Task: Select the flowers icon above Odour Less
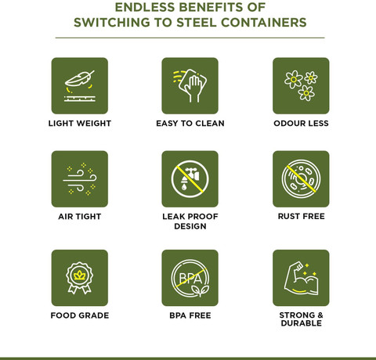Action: pyautogui.click(x=301, y=85)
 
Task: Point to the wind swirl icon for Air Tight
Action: pyautogui.click(x=80, y=179)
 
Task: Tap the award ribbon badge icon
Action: pyautogui.click(x=80, y=278)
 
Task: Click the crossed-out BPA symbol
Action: pyautogui.click(x=190, y=279)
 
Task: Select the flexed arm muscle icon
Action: pyautogui.click(x=301, y=279)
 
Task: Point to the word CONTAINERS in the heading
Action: pyautogui.click(x=264, y=23)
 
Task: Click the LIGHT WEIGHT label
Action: pyautogui.click(x=80, y=123)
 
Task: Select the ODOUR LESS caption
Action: pyautogui.click(x=301, y=123)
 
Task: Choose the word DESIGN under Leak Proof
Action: pyautogui.click(x=190, y=226)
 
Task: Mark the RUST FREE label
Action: pyautogui.click(x=301, y=216)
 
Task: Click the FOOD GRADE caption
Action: pyautogui.click(x=80, y=315)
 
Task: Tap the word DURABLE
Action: pyautogui.click(x=302, y=323)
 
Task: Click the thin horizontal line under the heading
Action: pyautogui.click(x=190, y=38)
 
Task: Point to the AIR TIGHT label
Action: pyautogui.click(x=80, y=217)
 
